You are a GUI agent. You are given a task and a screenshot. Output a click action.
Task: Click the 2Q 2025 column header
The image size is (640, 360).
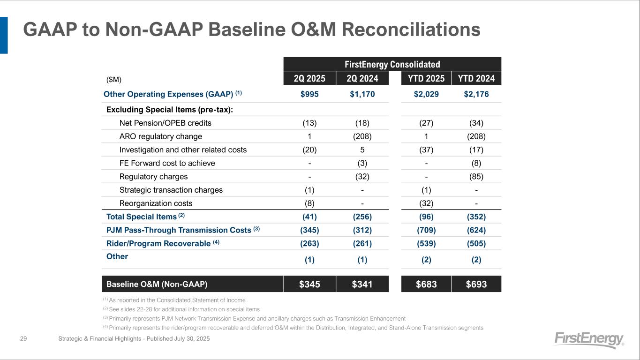pos(309,78)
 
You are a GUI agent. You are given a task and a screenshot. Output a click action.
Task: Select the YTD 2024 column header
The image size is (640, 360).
pos(476,78)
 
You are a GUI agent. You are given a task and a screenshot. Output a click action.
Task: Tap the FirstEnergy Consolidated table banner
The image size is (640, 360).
pos(392,64)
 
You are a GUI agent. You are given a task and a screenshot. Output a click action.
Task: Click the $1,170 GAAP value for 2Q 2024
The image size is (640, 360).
pos(362,94)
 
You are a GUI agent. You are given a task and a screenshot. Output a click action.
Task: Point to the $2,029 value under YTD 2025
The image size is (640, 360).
pos(426,94)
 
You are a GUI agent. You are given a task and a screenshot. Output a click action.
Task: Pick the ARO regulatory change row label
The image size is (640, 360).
pos(161,136)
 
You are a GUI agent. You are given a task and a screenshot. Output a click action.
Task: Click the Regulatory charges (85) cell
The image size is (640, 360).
pos(476,177)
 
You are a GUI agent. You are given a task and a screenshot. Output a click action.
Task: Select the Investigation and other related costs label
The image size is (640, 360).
pos(183,150)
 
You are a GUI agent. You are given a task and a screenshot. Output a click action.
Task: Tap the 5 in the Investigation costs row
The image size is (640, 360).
pos(362,150)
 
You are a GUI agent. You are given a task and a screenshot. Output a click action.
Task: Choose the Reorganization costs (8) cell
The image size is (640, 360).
pos(309,203)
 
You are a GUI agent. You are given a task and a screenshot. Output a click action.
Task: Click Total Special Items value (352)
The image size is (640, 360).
pos(476,217)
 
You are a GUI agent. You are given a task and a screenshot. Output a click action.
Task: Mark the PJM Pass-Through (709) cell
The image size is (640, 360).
pos(426,230)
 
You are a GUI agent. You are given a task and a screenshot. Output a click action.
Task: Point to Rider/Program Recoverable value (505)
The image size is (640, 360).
pos(476,244)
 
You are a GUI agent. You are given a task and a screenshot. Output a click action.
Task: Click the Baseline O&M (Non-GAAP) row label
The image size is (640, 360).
pos(157,284)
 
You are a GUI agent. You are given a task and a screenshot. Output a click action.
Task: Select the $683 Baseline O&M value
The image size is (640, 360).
pos(426,284)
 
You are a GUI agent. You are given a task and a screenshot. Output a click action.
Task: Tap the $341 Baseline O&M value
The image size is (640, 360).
pos(362,284)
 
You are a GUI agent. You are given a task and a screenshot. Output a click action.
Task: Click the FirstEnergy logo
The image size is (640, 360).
pos(589,339)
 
